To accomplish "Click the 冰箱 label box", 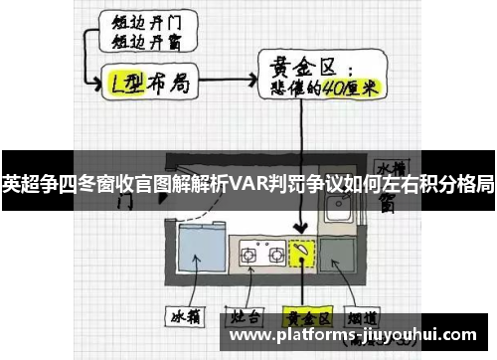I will click(x=186, y=318).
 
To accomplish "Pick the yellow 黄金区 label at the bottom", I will click(x=304, y=318).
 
